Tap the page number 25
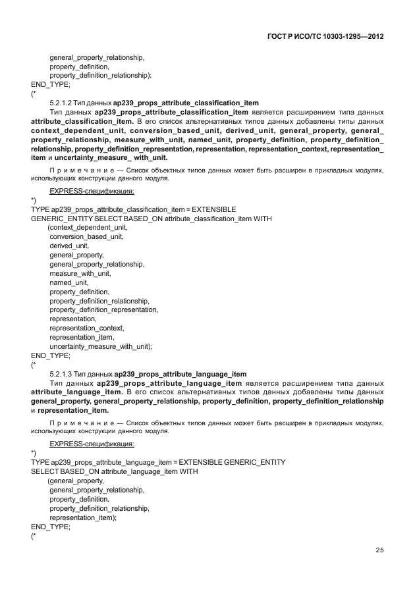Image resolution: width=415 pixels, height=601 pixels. click(x=379, y=550)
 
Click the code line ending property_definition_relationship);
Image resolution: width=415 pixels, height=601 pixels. click(x=100, y=75)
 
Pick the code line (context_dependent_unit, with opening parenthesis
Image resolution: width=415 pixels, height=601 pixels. click(x=88, y=227)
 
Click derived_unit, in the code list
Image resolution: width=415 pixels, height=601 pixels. click(x=69, y=246)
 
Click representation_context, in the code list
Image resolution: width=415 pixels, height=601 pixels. click(x=86, y=327)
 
